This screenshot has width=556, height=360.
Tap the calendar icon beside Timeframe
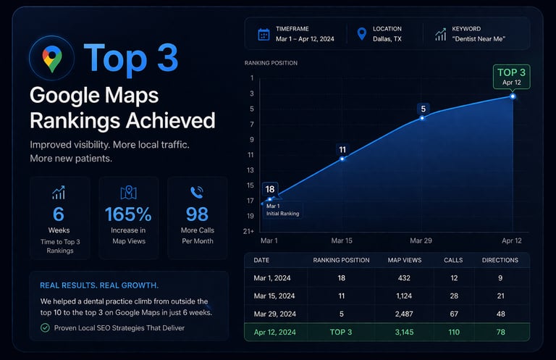pyautogui.click(x=264, y=34)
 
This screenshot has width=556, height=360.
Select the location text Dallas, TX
pyautogui.click(x=387, y=39)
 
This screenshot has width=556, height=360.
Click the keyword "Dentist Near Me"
pyautogui.click(x=479, y=39)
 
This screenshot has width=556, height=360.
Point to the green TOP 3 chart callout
pyautogui.click(x=512, y=76)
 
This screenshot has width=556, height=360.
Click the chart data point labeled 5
pyautogui.click(x=422, y=117)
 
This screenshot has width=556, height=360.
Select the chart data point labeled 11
pyautogui.click(x=342, y=158)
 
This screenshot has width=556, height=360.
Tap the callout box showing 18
pyautogui.click(x=270, y=189)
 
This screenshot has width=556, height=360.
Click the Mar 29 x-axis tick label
pyautogui.click(x=421, y=240)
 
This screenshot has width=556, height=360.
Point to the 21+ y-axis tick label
pyautogui.click(x=248, y=231)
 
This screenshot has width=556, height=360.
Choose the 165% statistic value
pyautogui.click(x=128, y=214)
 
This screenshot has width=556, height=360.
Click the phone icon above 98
pyautogui.click(x=197, y=192)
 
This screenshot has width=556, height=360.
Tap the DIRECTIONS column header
pyautogui.click(x=500, y=259)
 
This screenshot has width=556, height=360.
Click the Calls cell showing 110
pyautogui.click(x=453, y=332)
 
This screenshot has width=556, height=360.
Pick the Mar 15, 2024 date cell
pyautogui.click(x=275, y=296)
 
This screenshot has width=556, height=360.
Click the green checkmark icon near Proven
pyautogui.click(x=45, y=328)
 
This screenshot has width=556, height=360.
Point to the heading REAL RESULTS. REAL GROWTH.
pyautogui.click(x=94, y=285)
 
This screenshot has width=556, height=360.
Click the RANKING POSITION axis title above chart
pyautogui.click(x=271, y=63)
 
